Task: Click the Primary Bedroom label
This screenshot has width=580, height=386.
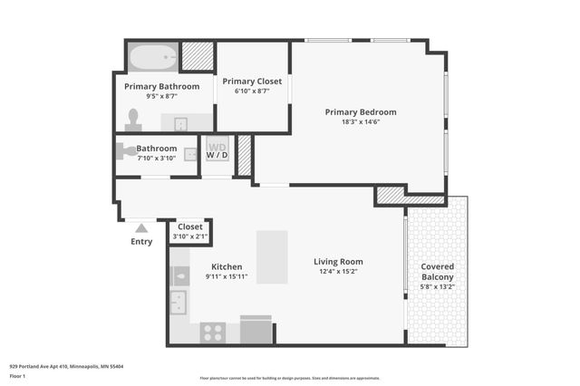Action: point(361,112)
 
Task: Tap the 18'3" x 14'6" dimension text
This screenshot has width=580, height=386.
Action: point(361,122)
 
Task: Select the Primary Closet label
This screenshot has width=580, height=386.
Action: point(252,81)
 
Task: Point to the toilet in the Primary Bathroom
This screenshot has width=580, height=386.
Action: point(133,119)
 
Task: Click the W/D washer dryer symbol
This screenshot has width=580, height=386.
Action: point(217,150)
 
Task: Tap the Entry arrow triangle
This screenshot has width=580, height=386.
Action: point(141,229)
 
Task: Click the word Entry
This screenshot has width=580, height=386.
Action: point(141,242)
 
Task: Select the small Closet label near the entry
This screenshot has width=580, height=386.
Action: point(190,227)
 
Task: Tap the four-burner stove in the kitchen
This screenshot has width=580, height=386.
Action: point(213,333)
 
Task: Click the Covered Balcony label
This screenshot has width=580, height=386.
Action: point(437,272)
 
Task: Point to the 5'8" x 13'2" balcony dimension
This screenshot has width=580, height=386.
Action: point(437,288)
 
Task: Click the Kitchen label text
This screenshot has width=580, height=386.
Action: point(227,266)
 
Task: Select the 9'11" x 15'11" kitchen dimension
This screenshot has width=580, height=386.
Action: point(227,276)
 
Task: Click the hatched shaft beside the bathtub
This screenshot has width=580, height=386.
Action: point(196,57)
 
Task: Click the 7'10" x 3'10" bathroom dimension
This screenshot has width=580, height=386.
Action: point(156,159)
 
